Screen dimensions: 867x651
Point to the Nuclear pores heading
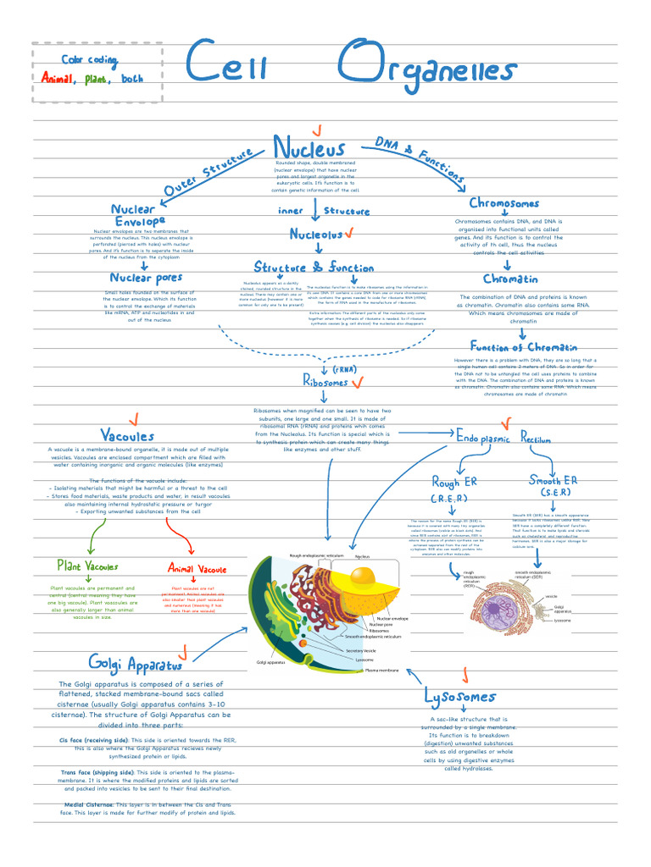(146, 278)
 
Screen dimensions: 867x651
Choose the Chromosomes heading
(504, 203)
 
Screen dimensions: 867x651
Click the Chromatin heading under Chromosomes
(510, 279)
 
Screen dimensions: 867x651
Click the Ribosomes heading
(325, 383)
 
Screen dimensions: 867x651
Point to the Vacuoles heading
(127, 435)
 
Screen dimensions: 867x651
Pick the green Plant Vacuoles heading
(87, 566)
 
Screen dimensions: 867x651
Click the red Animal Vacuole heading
(198, 568)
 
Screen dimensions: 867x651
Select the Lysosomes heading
(459, 697)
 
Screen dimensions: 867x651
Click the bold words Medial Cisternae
(88, 803)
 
